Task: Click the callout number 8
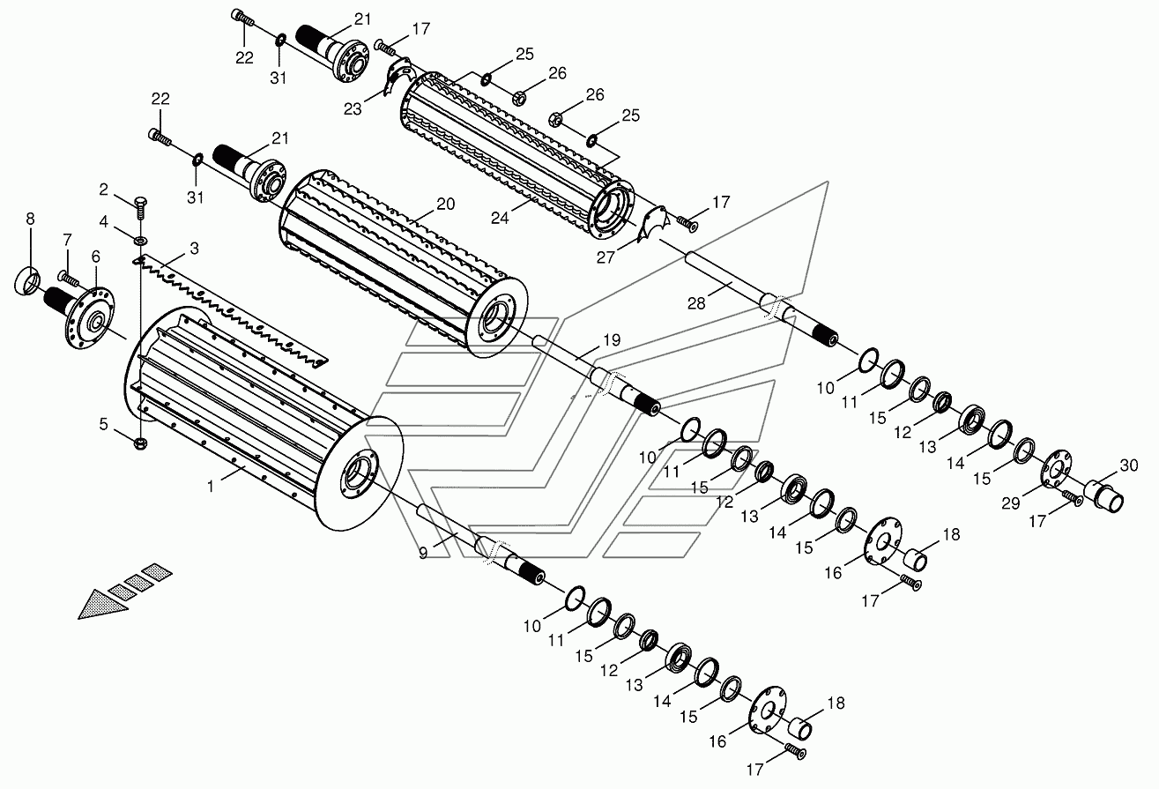click(x=31, y=220)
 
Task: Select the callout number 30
click(x=1129, y=465)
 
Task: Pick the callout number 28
click(x=696, y=303)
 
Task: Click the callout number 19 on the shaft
click(x=612, y=340)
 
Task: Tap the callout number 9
click(x=423, y=553)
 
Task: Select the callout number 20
click(x=445, y=204)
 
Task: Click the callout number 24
click(x=500, y=219)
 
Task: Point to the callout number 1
click(x=211, y=487)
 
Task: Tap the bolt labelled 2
click(x=140, y=210)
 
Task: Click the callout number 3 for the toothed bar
click(x=194, y=249)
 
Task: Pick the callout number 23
click(x=353, y=109)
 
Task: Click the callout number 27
click(x=606, y=257)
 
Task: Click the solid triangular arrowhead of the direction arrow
click(x=102, y=604)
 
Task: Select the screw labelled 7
click(x=70, y=279)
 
